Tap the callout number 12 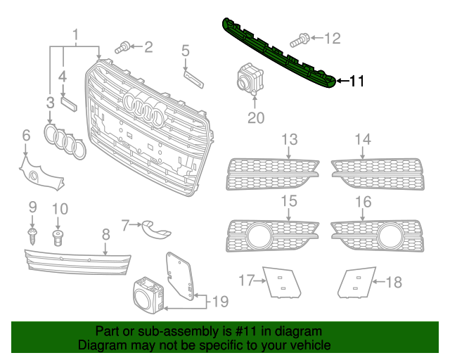pos(332,38)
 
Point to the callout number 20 pos(255,117)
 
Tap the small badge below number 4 pos(68,103)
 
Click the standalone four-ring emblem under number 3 pos(64,141)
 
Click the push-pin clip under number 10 pos(58,235)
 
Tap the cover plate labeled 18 pos(356,283)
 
